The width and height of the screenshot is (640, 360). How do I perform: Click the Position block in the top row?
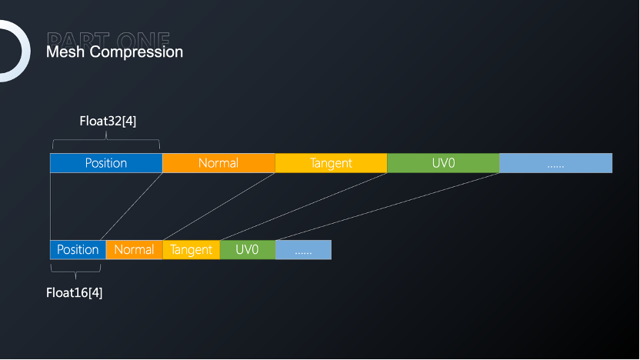click(x=106, y=163)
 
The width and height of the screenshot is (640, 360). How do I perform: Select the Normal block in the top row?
click(x=218, y=163)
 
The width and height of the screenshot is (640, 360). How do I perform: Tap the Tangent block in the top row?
click(x=331, y=163)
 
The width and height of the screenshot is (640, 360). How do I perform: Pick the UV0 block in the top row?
click(x=443, y=163)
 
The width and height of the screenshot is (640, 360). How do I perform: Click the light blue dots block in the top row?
click(x=555, y=163)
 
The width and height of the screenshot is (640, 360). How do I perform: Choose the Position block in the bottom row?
click(x=78, y=249)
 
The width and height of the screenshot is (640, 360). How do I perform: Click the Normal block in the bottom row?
click(x=134, y=249)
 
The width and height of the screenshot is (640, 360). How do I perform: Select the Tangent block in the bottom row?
click(x=191, y=249)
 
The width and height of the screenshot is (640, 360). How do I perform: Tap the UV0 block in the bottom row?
click(x=247, y=249)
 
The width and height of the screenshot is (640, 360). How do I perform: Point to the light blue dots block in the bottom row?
click(x=303, y=249)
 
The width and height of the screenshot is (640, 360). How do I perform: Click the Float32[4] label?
click(x=108, y=121)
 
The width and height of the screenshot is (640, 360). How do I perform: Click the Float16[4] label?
click(x=75, y=292)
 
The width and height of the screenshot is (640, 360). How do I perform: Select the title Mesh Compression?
click(x=115, y=52)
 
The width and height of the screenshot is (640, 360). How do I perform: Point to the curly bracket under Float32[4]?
click(x=106, y=141)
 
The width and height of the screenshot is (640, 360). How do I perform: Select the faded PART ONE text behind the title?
click(x=108, y=38)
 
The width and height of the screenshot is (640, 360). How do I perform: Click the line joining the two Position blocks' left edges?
click(x=50, y=206)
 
